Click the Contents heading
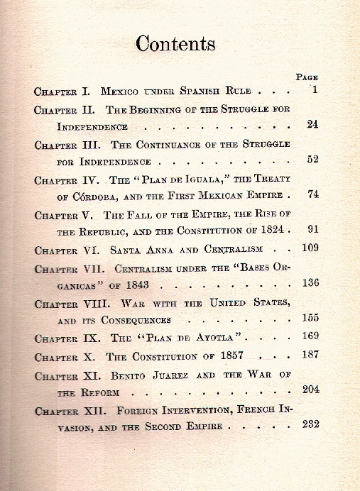[175, 44]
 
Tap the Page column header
[307, 77]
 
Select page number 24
[312, 124]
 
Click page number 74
[312, 194]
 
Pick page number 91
[312, 229]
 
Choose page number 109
[310, 248]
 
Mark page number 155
[310, 319]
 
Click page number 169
[310, 337]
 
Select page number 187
[310, 355]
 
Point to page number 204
[310, 389]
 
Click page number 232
[310, 424]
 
